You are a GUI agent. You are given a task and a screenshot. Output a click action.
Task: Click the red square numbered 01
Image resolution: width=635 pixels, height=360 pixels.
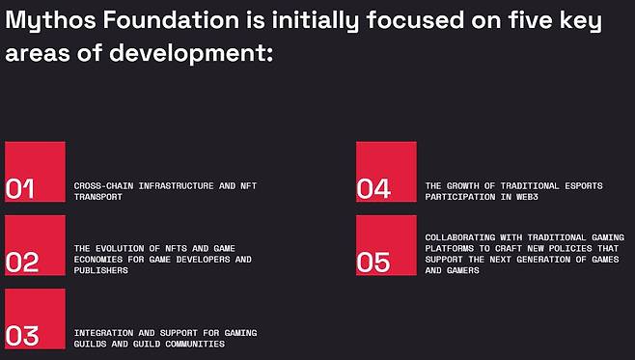click(x=35, y=172)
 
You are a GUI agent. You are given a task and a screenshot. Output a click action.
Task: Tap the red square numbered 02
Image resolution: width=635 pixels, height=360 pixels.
click(x=35, y=245)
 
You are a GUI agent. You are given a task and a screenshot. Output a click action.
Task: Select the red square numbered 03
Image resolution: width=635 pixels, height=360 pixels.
click(x=35, y=319)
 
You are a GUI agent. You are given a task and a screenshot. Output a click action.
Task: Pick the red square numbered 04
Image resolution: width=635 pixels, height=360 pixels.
click(x=386, y=172)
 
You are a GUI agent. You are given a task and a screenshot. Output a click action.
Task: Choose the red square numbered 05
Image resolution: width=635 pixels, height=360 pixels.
click(x=386, y=245)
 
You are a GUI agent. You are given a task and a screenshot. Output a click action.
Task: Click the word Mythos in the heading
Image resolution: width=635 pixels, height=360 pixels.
click(x=50, y=21)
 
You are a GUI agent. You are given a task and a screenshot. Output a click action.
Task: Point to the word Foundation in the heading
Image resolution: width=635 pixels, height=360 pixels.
click(x=172, y=20)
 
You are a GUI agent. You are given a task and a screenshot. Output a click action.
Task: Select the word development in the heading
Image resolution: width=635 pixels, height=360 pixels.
click(x=191, y=54)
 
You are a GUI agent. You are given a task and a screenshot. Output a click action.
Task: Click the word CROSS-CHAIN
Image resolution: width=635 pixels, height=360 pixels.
click(x=103, y=186)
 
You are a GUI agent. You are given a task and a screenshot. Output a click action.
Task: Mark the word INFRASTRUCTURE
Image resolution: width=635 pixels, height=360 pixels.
click(x=177, y=186)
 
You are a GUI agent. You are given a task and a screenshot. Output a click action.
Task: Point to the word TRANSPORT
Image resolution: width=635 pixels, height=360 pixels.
click(x=98, y=197)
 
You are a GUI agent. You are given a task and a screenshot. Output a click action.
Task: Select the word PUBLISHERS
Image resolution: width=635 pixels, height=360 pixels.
click(x=100, y=270)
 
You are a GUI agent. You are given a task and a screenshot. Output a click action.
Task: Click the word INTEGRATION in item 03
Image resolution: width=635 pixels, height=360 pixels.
click(x=103, y=333)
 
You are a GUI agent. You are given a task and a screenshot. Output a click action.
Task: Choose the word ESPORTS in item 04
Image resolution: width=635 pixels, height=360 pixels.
click(x=584, y=186)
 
